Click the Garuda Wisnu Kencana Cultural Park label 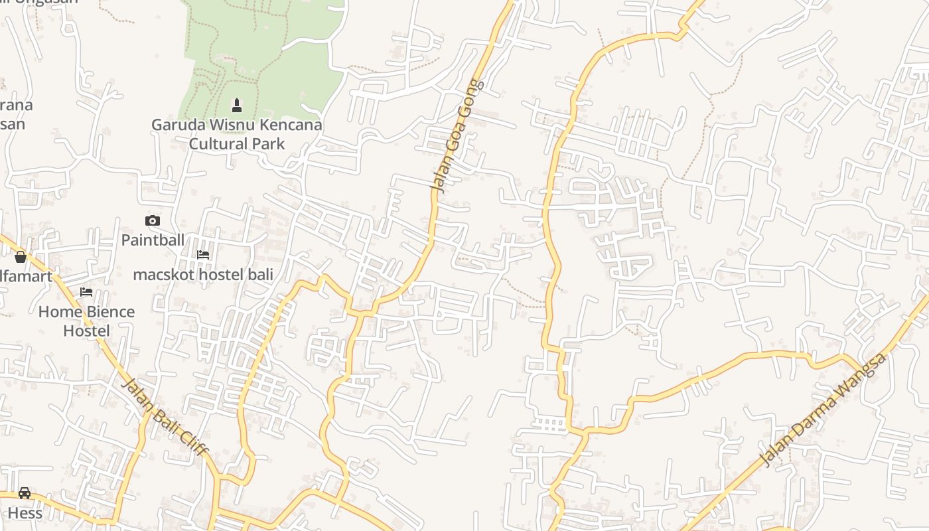click(x=237, y=134)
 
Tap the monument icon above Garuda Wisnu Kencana click(x=236, y=106)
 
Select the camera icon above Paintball click(x=153, y=220)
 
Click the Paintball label click(x=153, y=240)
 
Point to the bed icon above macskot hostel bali click(x=203, y=255)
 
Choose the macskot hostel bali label click(x=203, y=274)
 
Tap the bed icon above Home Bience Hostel click(x=86, y=292)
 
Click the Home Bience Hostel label click(x=86, y=321)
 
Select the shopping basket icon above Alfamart click(x=21, y=257)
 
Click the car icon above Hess click(x=25, y=493)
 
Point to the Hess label click(x=25, y=513)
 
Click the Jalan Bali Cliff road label click(x=166, y=418)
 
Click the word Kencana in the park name click(x=288, y=125)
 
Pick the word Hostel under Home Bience click(x=86, y=331)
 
